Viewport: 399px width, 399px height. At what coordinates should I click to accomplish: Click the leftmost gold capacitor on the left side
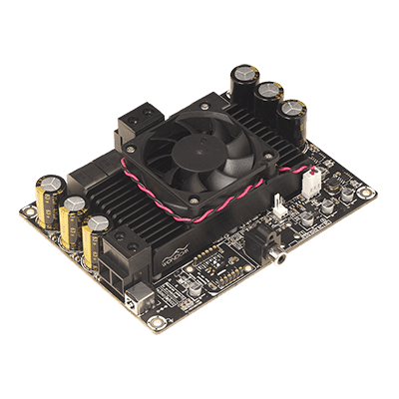47,199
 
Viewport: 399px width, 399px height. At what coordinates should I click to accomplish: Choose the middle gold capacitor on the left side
72,219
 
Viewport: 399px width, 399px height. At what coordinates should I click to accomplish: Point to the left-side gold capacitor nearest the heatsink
96,237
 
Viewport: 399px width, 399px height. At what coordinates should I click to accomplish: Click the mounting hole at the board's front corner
153,323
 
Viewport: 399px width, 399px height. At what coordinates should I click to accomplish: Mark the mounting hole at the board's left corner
25,213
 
